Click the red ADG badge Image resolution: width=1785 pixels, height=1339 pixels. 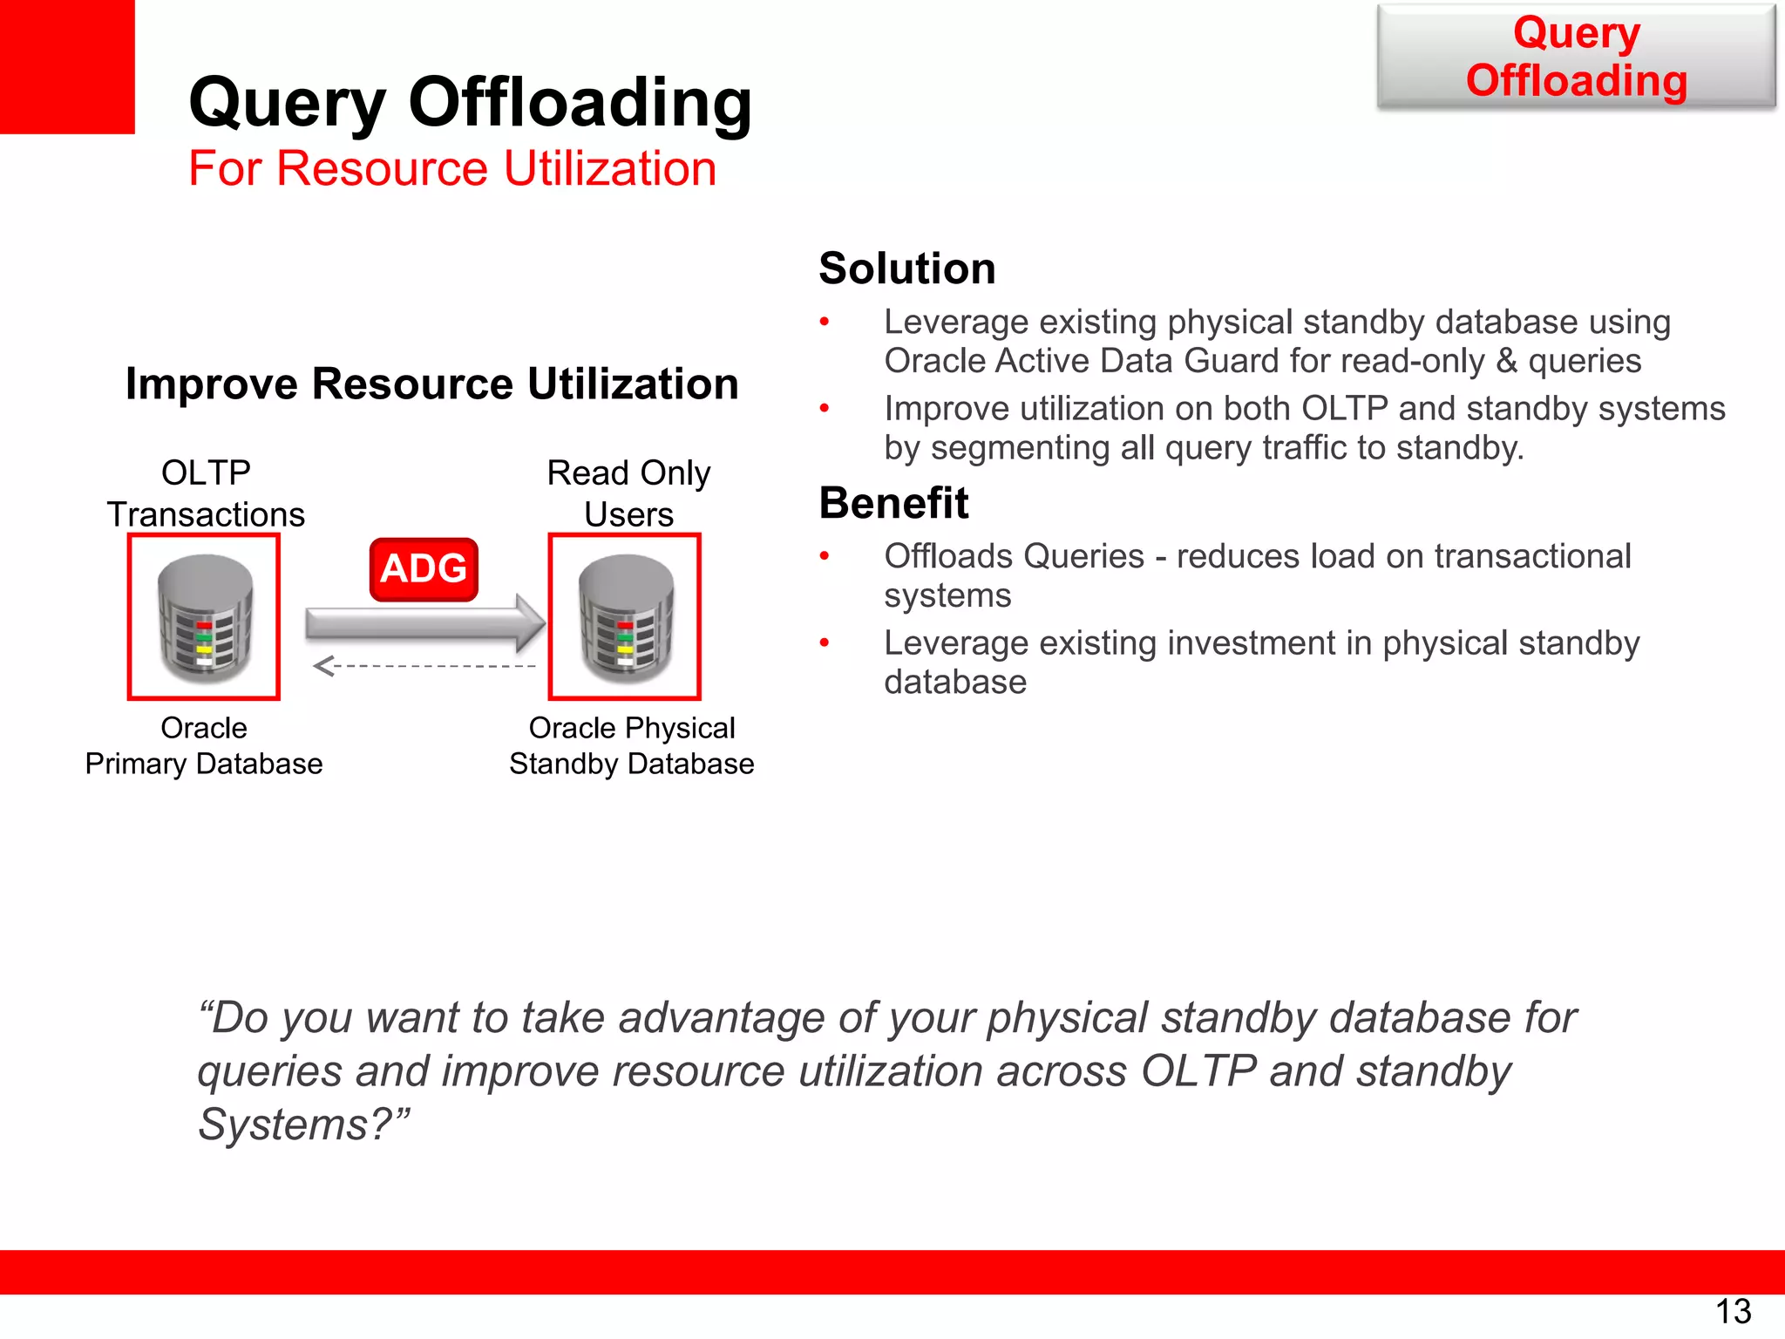pyautogui.click(x=424, y=569)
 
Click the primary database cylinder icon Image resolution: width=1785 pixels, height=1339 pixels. pyautogui.click(x=205, y=618)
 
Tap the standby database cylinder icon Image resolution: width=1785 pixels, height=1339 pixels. pyautogui.click(x=625, y=618)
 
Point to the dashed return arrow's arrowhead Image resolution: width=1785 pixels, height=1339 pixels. pyautogui.click(x=322, y=666)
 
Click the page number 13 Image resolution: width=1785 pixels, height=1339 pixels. pyautogui.click(x=1733, y=1311)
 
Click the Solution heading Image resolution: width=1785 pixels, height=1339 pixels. pyautogui.click(x=906, y=268)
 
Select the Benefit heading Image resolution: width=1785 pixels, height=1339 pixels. pyautogui.click(x=893, y=503)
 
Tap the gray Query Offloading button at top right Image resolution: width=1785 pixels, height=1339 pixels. pyautogui.click(x=1576, y=57)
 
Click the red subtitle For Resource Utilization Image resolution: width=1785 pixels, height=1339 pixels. pyautogui.click(x=452, y=168)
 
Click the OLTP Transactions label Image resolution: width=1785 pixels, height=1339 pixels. pyautogui.click(x=206, y=493)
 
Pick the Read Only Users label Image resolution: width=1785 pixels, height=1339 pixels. pyautogui.click(x=628, y=493)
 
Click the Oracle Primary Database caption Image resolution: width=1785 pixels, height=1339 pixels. pyautogui.click(x=204, y=745)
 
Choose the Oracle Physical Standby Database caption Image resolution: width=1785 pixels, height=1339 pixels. pyautogui.click(x=631, y=745)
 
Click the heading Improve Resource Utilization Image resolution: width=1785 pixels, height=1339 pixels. pyautogui.click(x=431, y=384)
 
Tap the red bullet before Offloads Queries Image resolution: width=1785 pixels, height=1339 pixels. pyautogui.click(x=825, y=556)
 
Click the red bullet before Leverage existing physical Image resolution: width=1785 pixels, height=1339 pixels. pyautogui.click(x=825, y=323)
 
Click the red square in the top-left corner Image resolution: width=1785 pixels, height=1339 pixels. pyautogui.click(x=66, y=66)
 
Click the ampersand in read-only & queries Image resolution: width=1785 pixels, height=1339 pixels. pyautogui.click(x=1506, y=361)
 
